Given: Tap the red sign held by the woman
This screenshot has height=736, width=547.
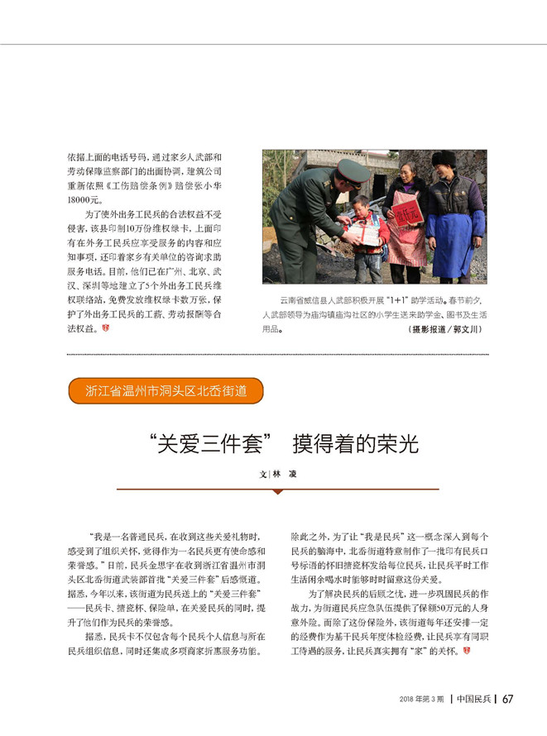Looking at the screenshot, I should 407,210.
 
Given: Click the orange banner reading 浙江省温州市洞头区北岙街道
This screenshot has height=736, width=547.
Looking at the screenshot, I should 166,390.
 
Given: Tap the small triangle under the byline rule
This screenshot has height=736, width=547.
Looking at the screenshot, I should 277,491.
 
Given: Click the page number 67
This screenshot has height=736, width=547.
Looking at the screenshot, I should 507,699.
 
